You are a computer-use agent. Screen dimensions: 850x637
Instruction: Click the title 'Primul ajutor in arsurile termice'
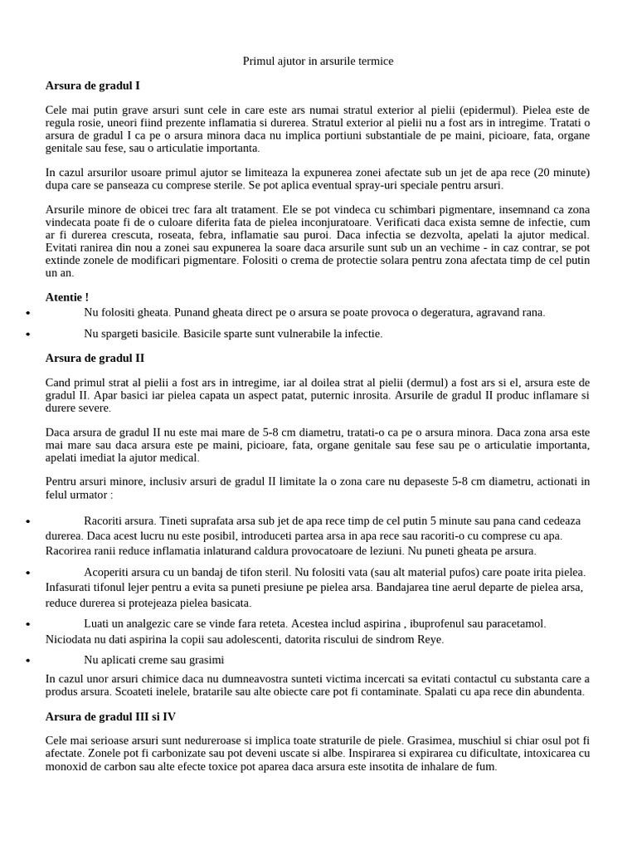[318, 61]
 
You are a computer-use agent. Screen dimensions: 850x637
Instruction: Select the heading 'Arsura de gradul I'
[98, 85]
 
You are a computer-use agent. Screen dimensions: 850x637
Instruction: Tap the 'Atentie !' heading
[66, 296]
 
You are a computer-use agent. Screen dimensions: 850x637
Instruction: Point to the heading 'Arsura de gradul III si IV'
[110, 716]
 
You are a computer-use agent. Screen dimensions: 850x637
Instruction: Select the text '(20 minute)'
[560, 173]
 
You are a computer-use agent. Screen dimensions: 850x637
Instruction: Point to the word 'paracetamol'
[513, 623]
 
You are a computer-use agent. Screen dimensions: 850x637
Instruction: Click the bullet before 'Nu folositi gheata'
[29, 314]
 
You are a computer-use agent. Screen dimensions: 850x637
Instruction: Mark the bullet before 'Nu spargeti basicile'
[29, 335]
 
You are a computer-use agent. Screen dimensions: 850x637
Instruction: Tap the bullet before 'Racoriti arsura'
[29, 522]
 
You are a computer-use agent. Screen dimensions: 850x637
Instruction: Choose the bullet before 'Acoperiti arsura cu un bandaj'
[29, 574]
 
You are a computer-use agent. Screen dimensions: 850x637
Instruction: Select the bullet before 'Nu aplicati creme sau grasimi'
[29, 661]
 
